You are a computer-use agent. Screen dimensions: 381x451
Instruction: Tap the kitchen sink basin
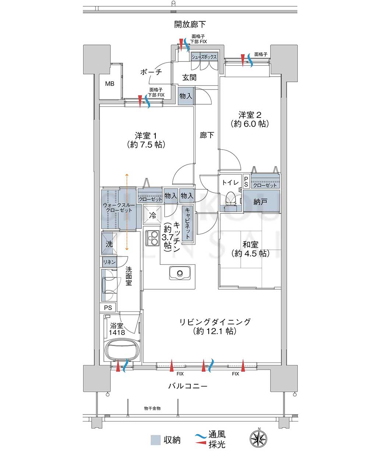pyautogui.click(x=180, y=273)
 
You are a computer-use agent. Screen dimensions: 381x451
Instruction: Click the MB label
pyautogui.click(x=110, y=84)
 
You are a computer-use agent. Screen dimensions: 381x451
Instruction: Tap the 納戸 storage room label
pyautogui.click(x=261, y=202)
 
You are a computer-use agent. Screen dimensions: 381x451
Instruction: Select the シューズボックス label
pyautogui.click(x=204, y=57)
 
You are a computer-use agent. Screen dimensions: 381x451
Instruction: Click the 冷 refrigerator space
pyautogui.click(x=152, y=215)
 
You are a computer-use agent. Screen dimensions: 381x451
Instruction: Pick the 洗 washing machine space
pyautogui.click(x=109, y=244)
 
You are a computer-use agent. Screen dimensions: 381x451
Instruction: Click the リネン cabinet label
pyautogui.click(x=109, y=262)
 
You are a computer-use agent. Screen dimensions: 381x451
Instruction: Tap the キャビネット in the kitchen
pyautogui.click(x=187, y=223)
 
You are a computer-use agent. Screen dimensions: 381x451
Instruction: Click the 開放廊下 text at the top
pyautogui.click(x=190, y=24)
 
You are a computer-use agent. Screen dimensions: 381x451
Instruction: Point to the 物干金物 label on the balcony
pyautogui.click(x=152, y=408)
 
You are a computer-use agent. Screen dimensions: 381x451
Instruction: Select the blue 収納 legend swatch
pyautogui.click(x=156, y=440)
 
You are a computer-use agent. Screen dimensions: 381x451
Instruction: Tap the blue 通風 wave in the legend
pyautogui.click(x=200, y=436)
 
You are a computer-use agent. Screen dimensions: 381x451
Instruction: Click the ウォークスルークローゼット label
pyautogui.click(x=119, y=207)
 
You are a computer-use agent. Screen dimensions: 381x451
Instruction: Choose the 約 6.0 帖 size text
pyautogui.click(x=250, y=124)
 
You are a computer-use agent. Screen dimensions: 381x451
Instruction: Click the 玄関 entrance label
pyautogui.click(x=190, y=77)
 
